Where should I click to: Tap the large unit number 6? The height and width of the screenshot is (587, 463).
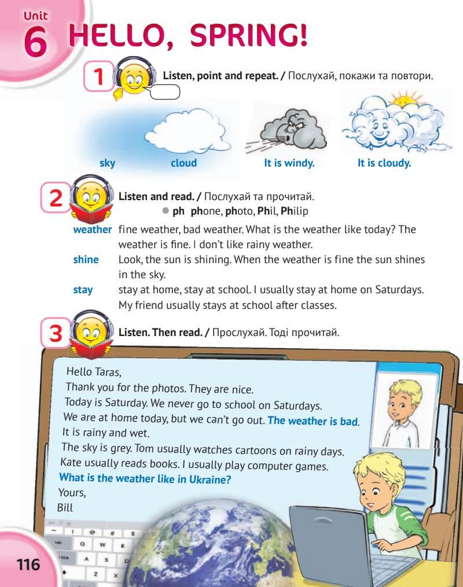tap(35, 43)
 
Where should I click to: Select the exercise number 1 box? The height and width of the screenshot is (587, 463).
tap(99, 77)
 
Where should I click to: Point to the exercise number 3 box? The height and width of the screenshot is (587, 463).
tap(56, 334)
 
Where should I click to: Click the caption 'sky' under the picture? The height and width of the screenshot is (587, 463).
tap(107, 163)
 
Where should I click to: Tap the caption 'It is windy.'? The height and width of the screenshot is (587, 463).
tap(289, 163)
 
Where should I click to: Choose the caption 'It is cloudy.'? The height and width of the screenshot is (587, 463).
tap(384, 163)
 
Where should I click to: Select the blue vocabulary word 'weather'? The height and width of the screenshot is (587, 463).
tap(92, 230)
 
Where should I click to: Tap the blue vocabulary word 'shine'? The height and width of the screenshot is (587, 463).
tap(86, 260)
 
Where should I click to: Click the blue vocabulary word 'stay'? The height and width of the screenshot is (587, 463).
tap(83, 290)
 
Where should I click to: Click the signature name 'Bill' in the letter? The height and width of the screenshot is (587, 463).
tap(66, 507)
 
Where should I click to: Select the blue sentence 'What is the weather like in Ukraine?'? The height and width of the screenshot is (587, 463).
tap(149, 479)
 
